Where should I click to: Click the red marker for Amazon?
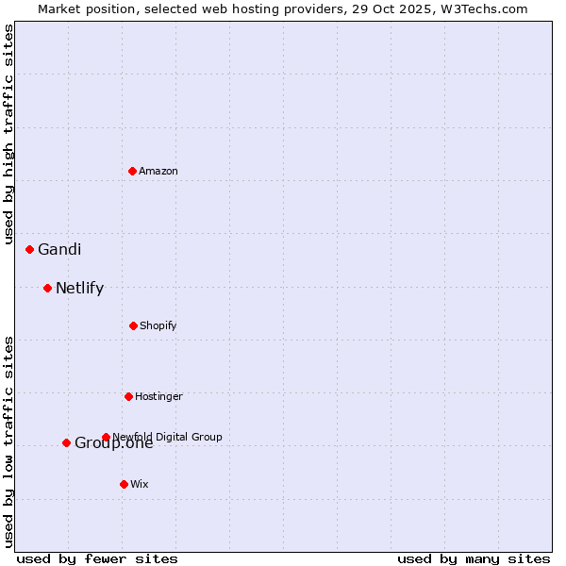(132, 171)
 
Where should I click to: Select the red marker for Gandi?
(29, 249)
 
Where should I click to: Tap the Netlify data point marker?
(47, 288)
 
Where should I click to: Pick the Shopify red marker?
(133, 325)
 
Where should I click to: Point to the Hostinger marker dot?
(128, 396)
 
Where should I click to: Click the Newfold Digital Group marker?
(106, 437)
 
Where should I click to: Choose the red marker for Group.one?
(66, 442)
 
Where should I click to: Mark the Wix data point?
(124, 484)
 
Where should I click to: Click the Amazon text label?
(158, 171)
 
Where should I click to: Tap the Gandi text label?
(59, 249)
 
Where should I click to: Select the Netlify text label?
(79, 288)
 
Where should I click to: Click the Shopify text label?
(158, 325)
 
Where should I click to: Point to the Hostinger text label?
(158, 396)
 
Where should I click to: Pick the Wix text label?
(140, 484)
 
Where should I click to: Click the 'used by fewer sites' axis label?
(97, 558)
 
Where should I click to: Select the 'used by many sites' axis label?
(474, 558)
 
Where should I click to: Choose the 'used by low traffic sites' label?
(8, 441)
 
